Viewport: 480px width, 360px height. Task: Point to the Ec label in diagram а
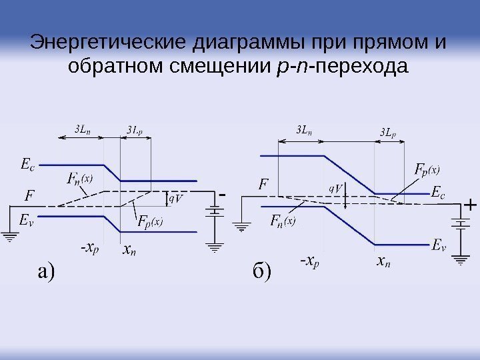click(x=27, y=164)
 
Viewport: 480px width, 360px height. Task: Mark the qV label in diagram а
click(x=176, y=198)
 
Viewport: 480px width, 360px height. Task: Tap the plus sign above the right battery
click(x=469, y=205)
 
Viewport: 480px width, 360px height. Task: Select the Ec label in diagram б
click(x=437, y=193)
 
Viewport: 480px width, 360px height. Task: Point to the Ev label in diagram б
click(x=437, y=245)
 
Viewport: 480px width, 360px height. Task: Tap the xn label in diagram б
click(x=384, y=262)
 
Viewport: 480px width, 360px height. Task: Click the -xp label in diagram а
click(x=88, y=249)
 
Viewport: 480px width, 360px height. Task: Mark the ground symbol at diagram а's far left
click(x=9, y=235)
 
